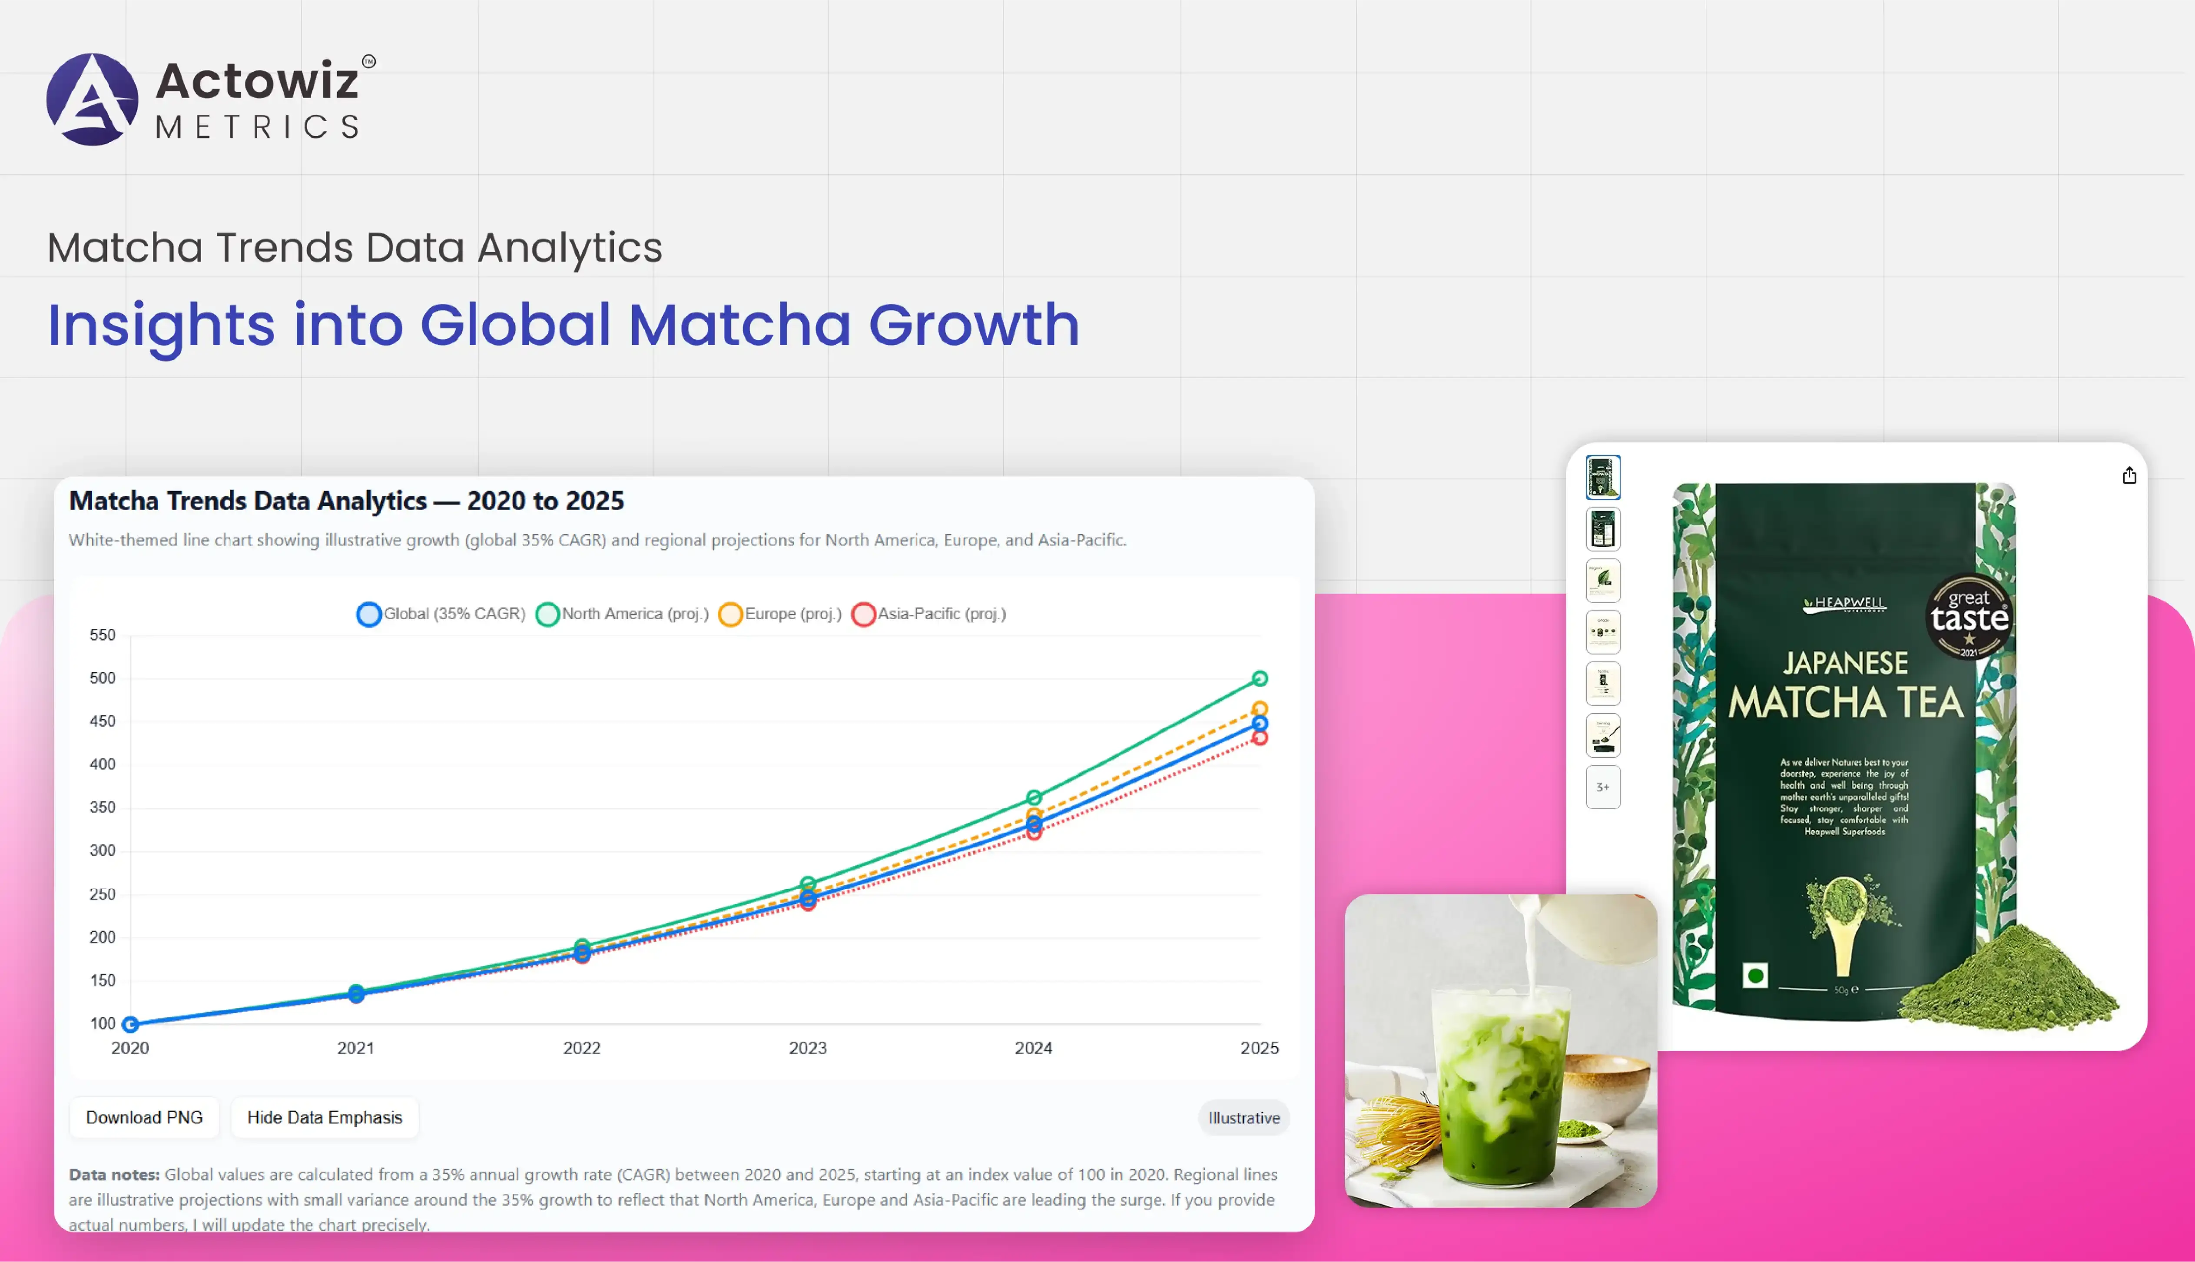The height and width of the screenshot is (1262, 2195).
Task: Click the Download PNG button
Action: pos(144,1117)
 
